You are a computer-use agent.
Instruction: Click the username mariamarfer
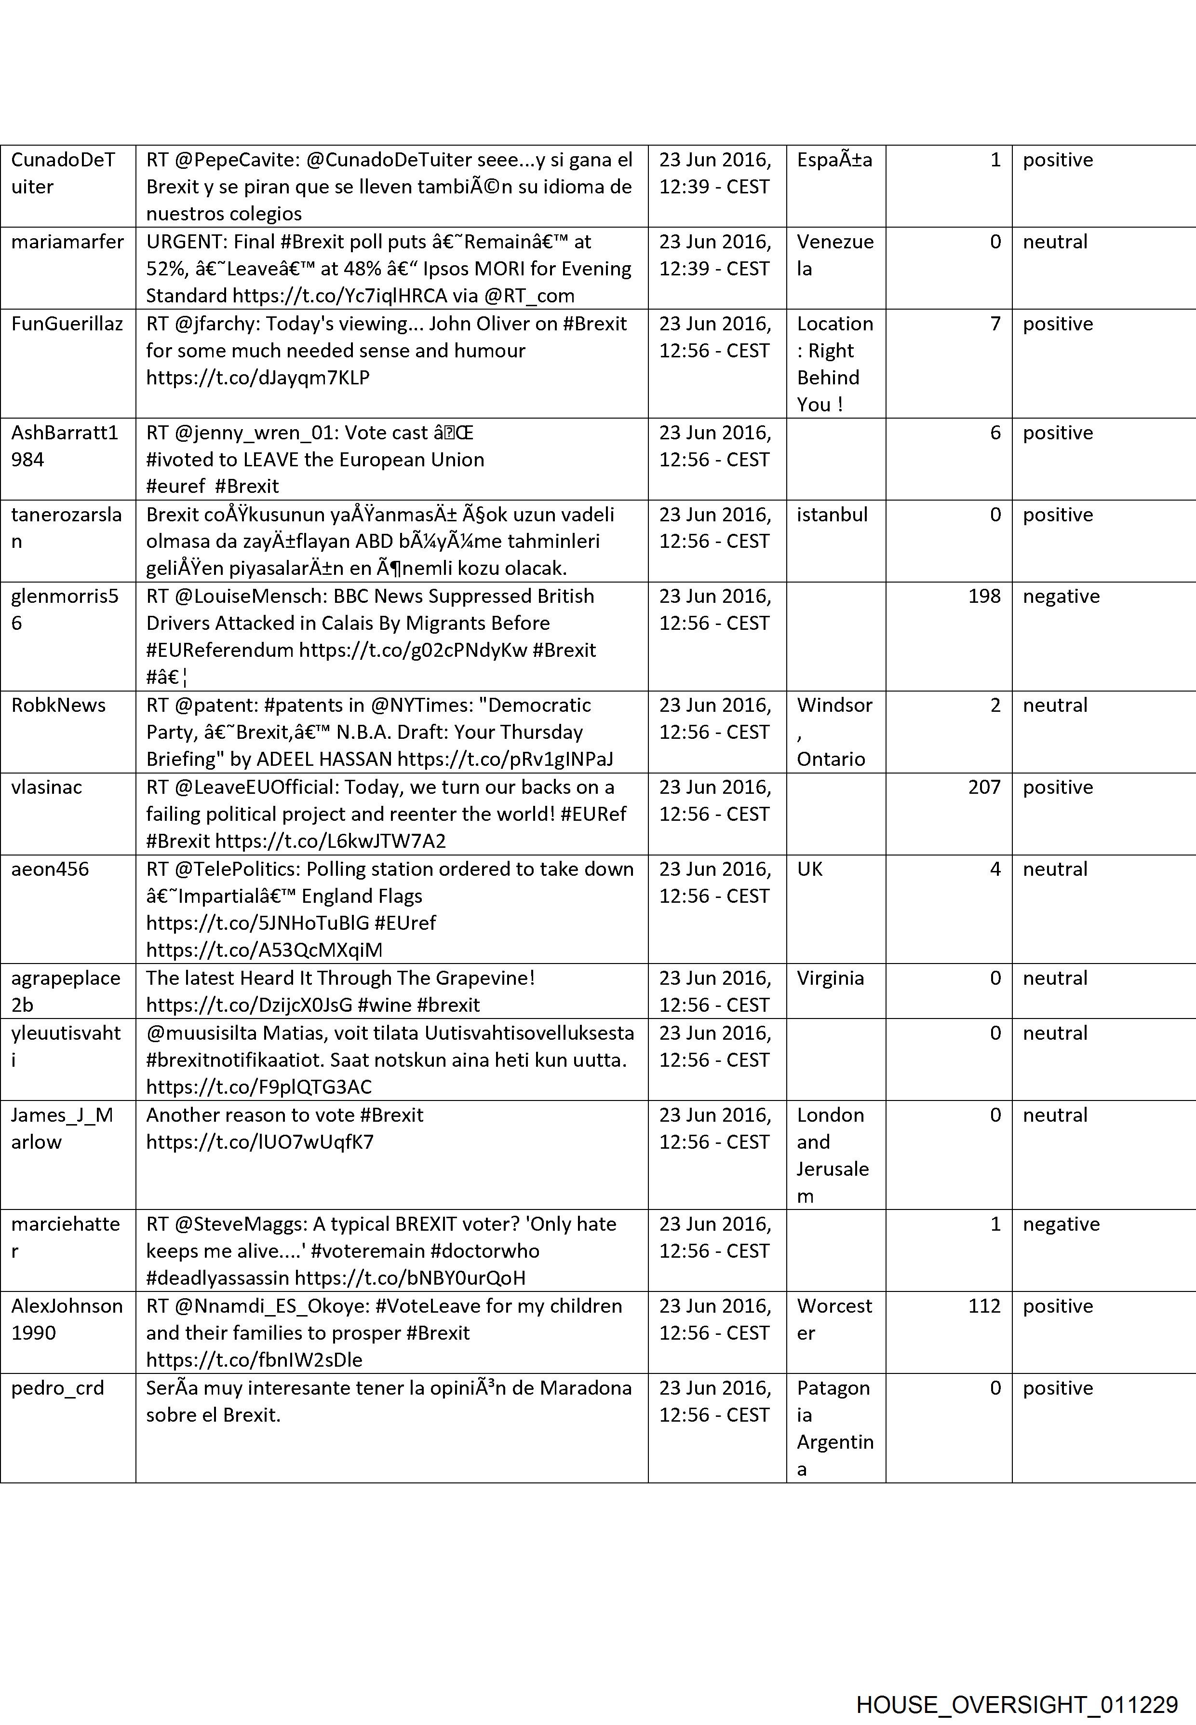[67, 242]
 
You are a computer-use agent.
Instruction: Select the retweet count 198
[984, 597]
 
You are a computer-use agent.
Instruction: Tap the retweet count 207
[984, 787]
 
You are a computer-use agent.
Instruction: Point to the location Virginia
[830, 978]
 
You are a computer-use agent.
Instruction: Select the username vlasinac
[46, 787]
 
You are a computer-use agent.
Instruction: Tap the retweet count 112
[984, 1306]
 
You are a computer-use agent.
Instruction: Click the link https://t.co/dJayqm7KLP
[258, 378]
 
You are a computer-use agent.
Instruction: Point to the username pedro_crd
[58, 1387]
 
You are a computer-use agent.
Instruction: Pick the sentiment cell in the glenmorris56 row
[1061, 597]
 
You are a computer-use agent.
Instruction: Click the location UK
[809, 869]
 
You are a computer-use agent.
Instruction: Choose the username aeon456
[50, 869]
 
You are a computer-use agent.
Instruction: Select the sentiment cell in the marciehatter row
[1061, 1224]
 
